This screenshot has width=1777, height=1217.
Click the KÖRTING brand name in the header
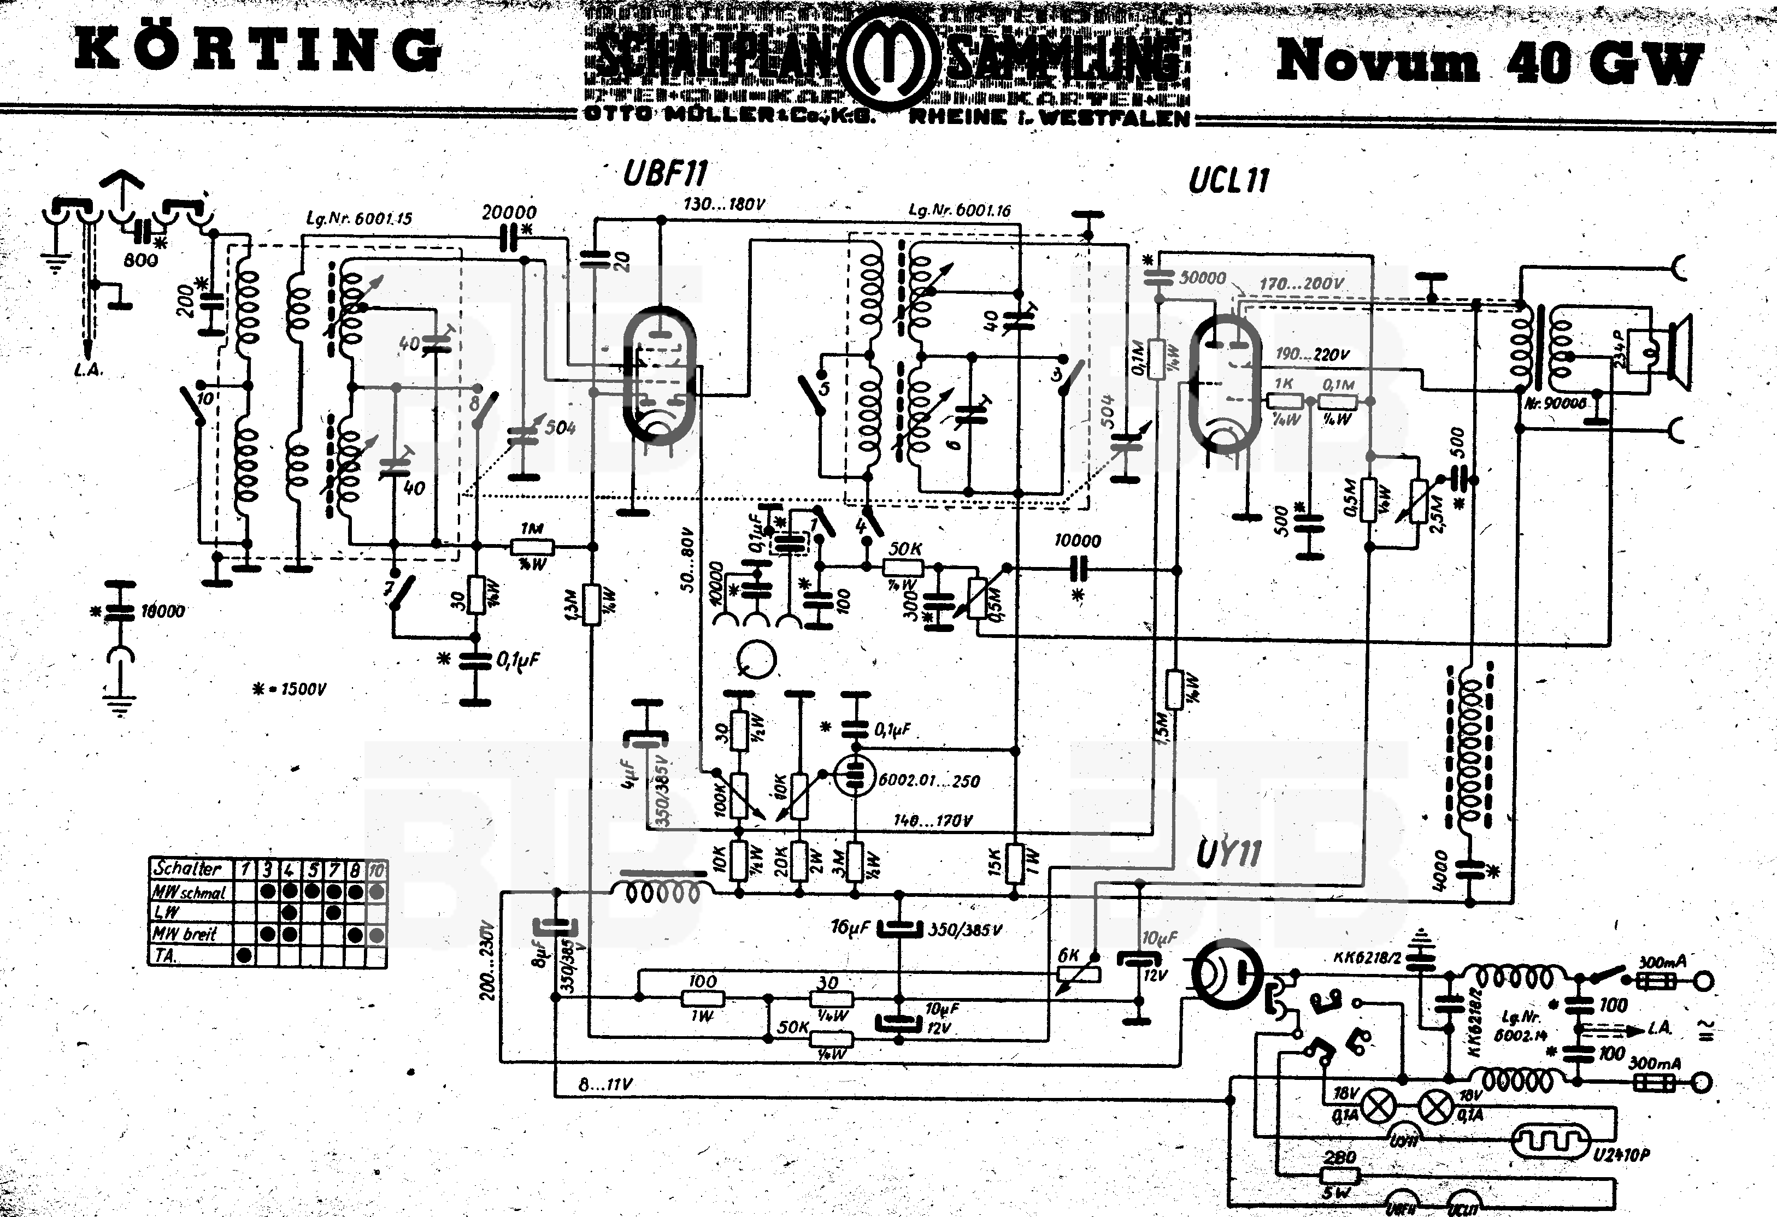point(258,50)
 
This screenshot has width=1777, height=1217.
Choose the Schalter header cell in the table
point(188,869)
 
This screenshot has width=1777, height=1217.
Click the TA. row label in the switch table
point(165,955)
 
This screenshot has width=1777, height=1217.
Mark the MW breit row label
point(185,934)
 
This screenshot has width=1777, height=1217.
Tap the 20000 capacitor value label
point(509,212)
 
